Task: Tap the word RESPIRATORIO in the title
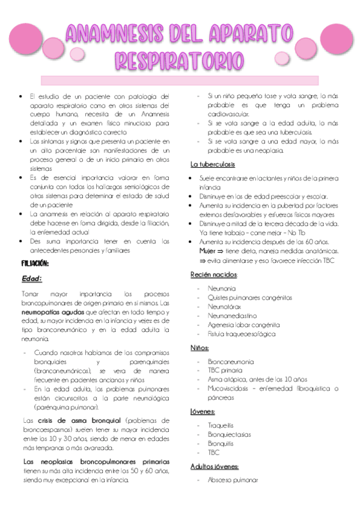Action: pyautogui.click(x=179, y=60)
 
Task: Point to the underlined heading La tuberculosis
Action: pyautogui.click(x=213, y=164)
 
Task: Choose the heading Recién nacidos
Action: pyautogui.click(x=213, y=274)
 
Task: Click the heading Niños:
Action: pyautogui.click(x=200, y=348)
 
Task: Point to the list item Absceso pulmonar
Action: pyautogui.click(x=233, y=480)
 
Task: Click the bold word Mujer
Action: pyautogui.click(x=209, y=250)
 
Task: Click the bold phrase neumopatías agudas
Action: pyautogui.click(x=50, y=312)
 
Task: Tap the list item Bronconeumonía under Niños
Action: pyautogui.click(x=231, y=361)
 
